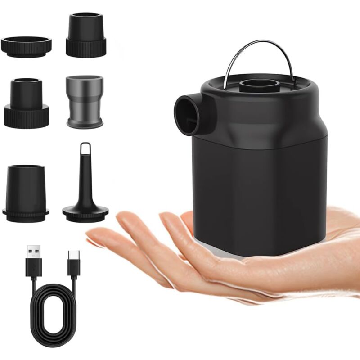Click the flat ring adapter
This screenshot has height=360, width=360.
point(26,45)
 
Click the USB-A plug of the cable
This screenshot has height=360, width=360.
point(33,259)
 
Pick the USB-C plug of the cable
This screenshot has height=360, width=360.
point(72,261)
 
